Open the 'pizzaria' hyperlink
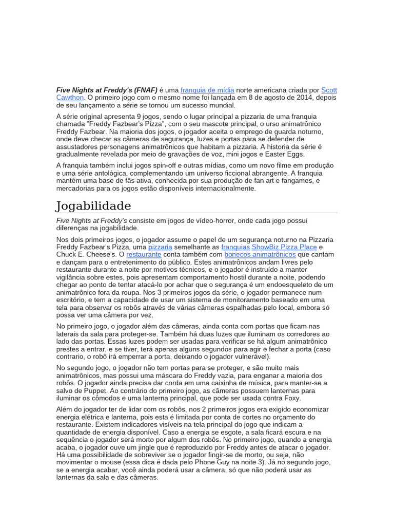click(x=160, y=247)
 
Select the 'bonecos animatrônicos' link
click(x=260, y=254)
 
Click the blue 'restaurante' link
click(x=144, y=254)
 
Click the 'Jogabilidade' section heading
click(x=93, y=206)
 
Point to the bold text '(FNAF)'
click(x=146, y=90)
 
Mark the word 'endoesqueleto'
click(x=290, y=285)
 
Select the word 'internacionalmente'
click(x=223, y=189)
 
